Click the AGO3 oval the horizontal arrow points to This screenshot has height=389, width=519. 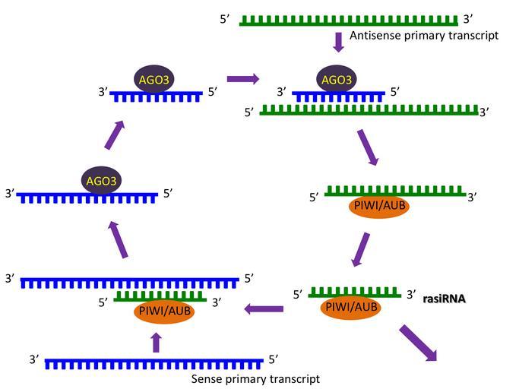tap(337, 79)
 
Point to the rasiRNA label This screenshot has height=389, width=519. tap(445, 299)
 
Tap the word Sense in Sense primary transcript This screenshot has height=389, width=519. tap(207, 378)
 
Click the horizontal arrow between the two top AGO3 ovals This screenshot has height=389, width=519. tap(243, 78)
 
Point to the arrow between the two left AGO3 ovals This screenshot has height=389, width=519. tap(113, 136)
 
